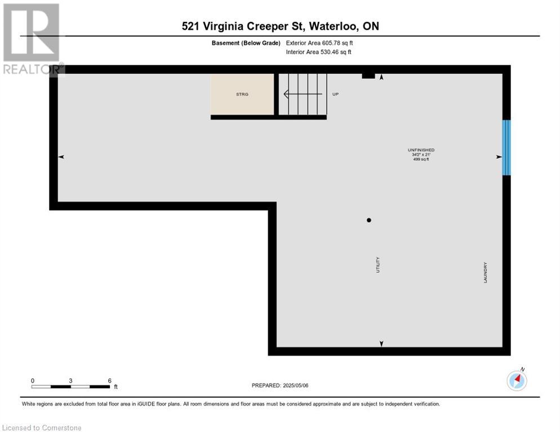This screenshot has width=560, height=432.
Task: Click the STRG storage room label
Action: pyautogui.click(x=242, y=94)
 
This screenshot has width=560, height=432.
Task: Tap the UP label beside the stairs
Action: pyautogui.click(x=335, y=94)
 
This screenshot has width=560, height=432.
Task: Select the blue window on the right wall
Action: pyautogui.click(x=506, y=148)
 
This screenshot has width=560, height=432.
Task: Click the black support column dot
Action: pyautogui.click(x=369, y=220)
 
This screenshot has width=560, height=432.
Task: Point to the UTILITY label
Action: pyautogui.click(x=378, y=265)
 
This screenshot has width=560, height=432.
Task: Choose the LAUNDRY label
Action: pyautogui.click(x=485, y=273)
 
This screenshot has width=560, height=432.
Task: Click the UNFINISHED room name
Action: pyautogui.click(x=421, y=150)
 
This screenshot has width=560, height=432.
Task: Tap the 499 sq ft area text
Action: pyautogui.click(x=421, y=159)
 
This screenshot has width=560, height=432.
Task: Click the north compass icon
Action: pyautogui.click(x=517, y=380)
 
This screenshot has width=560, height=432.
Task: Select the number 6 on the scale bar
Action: pyautogui.click(x=110, y=381)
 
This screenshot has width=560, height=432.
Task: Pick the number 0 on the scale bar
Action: pyautogui.click(x=33, y=381)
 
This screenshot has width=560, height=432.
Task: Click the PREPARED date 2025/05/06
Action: pyautogui.click(x=280, y=385)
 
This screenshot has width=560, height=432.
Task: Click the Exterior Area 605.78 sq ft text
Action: pyautogui.click(x=319, y=43)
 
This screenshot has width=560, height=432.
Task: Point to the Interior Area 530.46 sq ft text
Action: pyautogui.click(x=318, y=52)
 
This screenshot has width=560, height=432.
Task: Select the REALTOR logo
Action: pyautogui.click(x=32, y=39)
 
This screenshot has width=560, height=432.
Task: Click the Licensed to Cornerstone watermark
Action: pyautogui.click(x=42, y=427)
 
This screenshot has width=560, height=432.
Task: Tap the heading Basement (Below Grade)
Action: pyautogui.click(x=246, y=43)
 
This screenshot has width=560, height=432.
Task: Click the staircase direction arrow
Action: pyautogui.click(x=303, y=94)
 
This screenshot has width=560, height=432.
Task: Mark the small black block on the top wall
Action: pyautogui.click(x=368, y=75)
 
